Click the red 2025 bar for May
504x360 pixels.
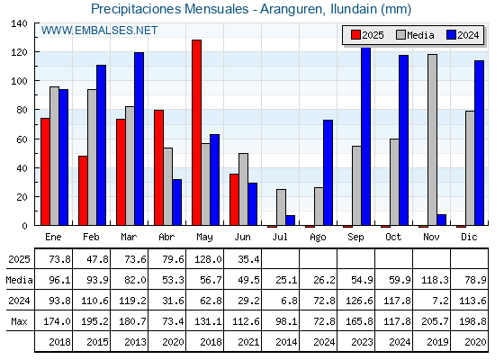tap(197, 132)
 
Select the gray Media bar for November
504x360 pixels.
tap(432, 139)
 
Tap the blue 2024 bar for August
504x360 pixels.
tap(328, 173)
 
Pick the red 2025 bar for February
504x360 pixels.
tap(83, 191)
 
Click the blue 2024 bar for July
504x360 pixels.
tap(290, 220)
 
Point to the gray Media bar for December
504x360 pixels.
tap(470, 168)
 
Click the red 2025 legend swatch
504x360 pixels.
tap(355, 35)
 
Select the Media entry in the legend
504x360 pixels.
tap(415, 35)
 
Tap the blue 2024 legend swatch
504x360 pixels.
tap(451, 35)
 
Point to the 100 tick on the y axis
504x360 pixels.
tap(19, 81)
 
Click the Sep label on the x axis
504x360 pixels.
tap(355, 237)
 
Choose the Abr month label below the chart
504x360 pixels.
tap(166, 237)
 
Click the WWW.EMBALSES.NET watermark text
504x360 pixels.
tap(99, 31)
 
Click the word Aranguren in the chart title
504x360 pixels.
tap(292, 9)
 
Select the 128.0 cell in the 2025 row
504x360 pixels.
tap(208, 259)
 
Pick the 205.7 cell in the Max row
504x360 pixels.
tap(435, 321)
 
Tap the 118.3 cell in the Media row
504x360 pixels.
tap(435, 280)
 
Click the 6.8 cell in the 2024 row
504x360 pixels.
tap(289, 301)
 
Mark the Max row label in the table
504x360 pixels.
tap(19, 321)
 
